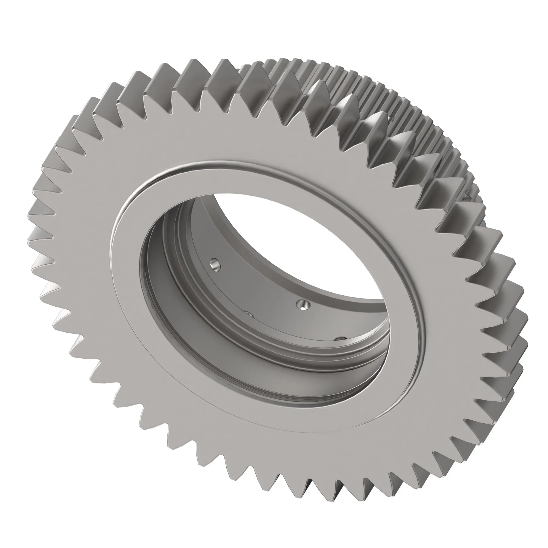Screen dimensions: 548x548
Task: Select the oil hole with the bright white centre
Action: tap(303, 305)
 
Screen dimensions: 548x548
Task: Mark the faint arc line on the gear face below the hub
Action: tap(255, 426)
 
